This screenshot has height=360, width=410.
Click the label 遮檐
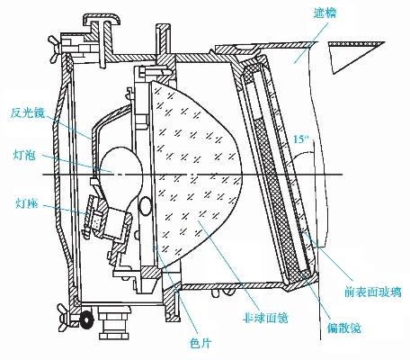pyautogui.click(x=325, y=13)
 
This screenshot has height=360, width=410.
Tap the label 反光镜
pyautogui.click(x=27, y=112)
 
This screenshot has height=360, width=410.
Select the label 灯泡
pyautogui.click(x=24, y=155)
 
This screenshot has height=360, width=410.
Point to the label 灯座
pyautogui.click(x=26, y=203)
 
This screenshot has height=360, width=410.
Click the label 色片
pyautogui.click(x=201, y=343)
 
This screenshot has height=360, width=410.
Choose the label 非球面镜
pyautogui.click(x=265, y=318)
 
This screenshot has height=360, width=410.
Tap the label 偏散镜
pyautogui.click(x=343, y=328)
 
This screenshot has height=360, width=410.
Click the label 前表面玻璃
pyautogui.click(x=372, y=292)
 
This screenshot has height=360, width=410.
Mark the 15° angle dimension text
pyautogui.click(x=301, y=139)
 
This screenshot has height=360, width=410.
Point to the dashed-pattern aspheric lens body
pyautogui.click(x=195, y=174)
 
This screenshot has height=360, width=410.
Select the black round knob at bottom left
pyautogui.click(x=86, y=319)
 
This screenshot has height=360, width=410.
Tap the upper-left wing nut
pyautogui.click(x=56, y=48)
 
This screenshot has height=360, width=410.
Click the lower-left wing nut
pyautogui.click(x=65, y=317)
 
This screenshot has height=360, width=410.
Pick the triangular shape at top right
pyautogui.click(x=356, y=57)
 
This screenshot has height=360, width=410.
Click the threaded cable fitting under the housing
pyautogui.click(x=115, y=322)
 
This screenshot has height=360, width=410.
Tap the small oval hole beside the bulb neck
pyautogui.click(x=146, y=206)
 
